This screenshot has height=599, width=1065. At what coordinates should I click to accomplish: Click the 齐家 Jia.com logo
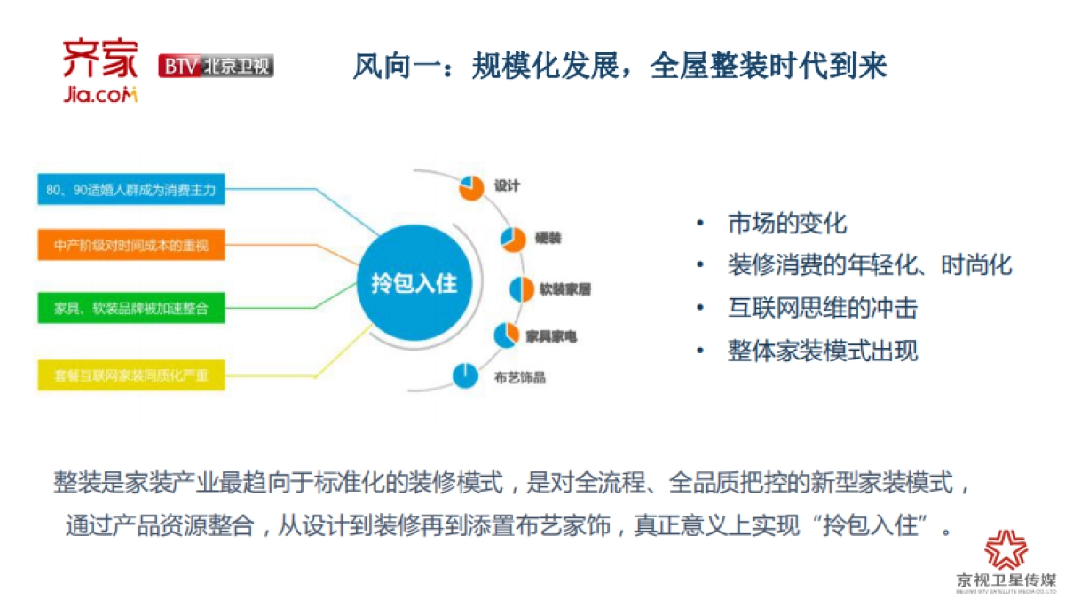coord(99,70)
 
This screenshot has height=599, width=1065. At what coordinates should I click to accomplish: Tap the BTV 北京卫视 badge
coord(216,66)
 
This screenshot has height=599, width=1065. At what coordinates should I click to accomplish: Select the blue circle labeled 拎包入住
coord(414,284)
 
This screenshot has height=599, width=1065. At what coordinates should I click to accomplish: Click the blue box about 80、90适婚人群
coord(130,189)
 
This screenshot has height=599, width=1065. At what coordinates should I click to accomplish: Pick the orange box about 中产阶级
coord(130,246)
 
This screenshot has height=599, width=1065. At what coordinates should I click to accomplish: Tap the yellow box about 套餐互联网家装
coord(130,374)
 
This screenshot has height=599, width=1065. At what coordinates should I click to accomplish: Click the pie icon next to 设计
coord(471,187)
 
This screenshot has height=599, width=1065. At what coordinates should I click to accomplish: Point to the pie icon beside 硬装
coord(512,239)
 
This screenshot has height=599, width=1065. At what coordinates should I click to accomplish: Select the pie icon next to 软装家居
coord(521,289)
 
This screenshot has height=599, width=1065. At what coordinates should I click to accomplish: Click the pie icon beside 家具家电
coord(506,335)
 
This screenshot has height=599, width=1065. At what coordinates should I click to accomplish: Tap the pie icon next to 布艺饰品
coord(465,375)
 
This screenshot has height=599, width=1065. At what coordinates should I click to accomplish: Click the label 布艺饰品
coord(519,378)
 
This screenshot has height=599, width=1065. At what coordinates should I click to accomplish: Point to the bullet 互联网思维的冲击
coord(822,308)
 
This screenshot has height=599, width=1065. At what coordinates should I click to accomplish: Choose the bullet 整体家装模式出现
coord(822,351)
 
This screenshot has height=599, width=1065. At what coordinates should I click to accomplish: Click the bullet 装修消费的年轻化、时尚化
coord(869,265)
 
